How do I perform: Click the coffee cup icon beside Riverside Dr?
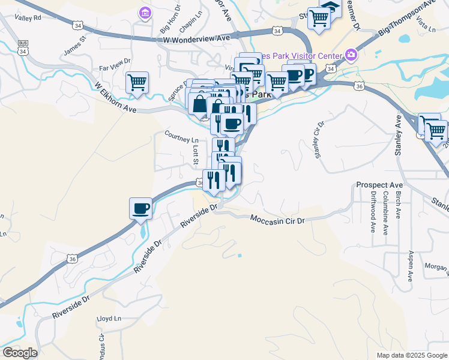[x=140, y=208]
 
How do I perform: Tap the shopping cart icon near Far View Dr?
[x=137, y=83]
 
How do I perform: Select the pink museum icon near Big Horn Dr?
[x=144, y=12]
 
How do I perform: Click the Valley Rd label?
[x=28, y=18]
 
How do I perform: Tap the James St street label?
[x=75, y=45]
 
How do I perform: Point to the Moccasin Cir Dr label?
[x=277, y=220]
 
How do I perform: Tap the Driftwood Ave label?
[x=372, y=212]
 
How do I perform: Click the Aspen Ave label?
[x=411, y=266]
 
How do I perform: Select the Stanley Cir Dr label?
[x=318, y=140]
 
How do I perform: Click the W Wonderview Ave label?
[x=196, y=38]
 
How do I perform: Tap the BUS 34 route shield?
[x=22, y=49]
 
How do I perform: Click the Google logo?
[x=20, y=352]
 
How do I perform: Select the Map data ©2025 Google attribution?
[x=411, y=355]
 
